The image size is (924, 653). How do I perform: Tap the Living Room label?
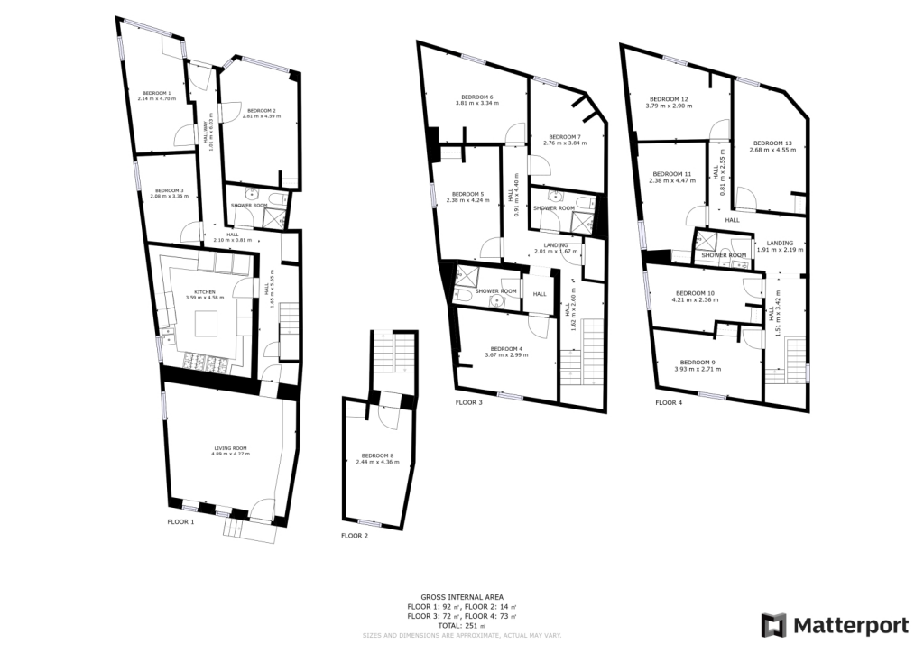point(230,448)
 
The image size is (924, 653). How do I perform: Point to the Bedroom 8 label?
point(374,455)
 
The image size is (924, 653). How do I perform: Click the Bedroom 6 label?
point(477,97)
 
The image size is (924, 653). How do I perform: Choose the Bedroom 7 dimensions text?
point(562,143)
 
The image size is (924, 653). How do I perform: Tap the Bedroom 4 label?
point(506,349)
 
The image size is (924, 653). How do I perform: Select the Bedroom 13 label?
point(772,143)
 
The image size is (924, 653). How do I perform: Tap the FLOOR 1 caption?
point(180,521)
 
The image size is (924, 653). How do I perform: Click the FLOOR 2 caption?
point(355,536)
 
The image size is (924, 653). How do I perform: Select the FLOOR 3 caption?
point(468,402)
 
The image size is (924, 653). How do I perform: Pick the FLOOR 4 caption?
point(669,402)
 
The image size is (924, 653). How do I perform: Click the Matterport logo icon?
point(774,625)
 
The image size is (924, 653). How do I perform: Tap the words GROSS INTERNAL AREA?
point(461,597)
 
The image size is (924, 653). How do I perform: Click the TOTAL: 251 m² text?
point(461,625)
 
